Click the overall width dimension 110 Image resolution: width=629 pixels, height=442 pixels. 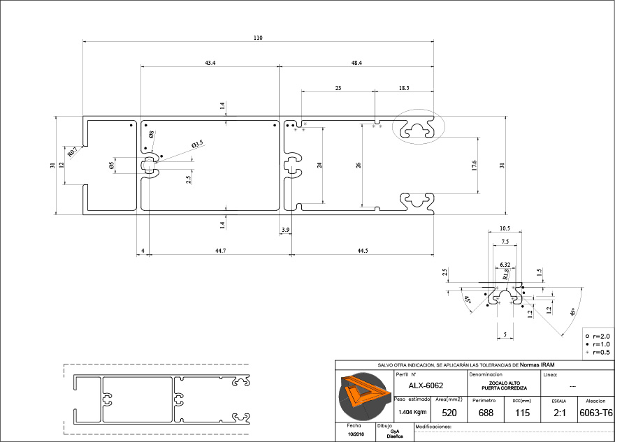point(258,38)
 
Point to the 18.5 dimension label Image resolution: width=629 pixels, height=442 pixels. point(404,89)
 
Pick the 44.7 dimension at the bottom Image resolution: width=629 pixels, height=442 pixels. point(220,251)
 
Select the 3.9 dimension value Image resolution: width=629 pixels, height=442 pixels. point(285,230)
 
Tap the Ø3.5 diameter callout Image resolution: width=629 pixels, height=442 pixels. point(197,143)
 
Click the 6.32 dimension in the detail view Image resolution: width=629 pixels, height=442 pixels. point(505,265)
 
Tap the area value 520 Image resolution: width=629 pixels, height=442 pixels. point(449,413)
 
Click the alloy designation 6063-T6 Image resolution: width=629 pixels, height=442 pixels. point(596,413)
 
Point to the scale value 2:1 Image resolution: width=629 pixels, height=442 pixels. point(559,413)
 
